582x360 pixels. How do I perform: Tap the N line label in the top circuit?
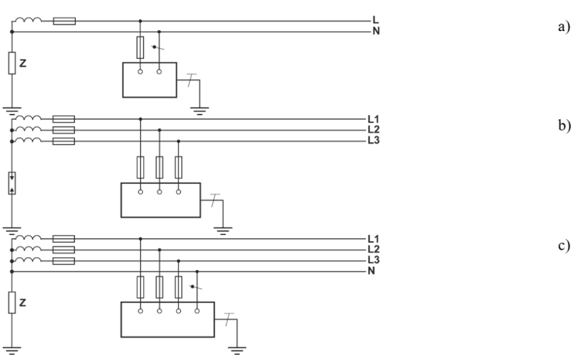tap(376, 31)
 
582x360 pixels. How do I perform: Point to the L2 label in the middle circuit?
tap(374, 129)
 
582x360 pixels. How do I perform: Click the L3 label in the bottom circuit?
tap(374, 261)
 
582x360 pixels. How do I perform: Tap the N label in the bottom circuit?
tap(372, 271)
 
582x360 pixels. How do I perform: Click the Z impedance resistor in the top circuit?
tap(12, 63)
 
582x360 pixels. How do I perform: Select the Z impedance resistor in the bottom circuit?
tap(12, 302)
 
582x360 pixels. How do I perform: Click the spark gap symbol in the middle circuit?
tap(12, 183)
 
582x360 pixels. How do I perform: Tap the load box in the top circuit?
tap(149, 80)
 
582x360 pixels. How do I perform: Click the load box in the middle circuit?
tap(160, 200)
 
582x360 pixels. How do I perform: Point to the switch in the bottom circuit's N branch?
tap(197, 287)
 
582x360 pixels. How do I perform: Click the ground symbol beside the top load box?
tap(198, 109)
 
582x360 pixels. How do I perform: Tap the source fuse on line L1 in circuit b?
tap(63, 119)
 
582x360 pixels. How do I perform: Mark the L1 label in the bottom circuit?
tap(374, 239)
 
